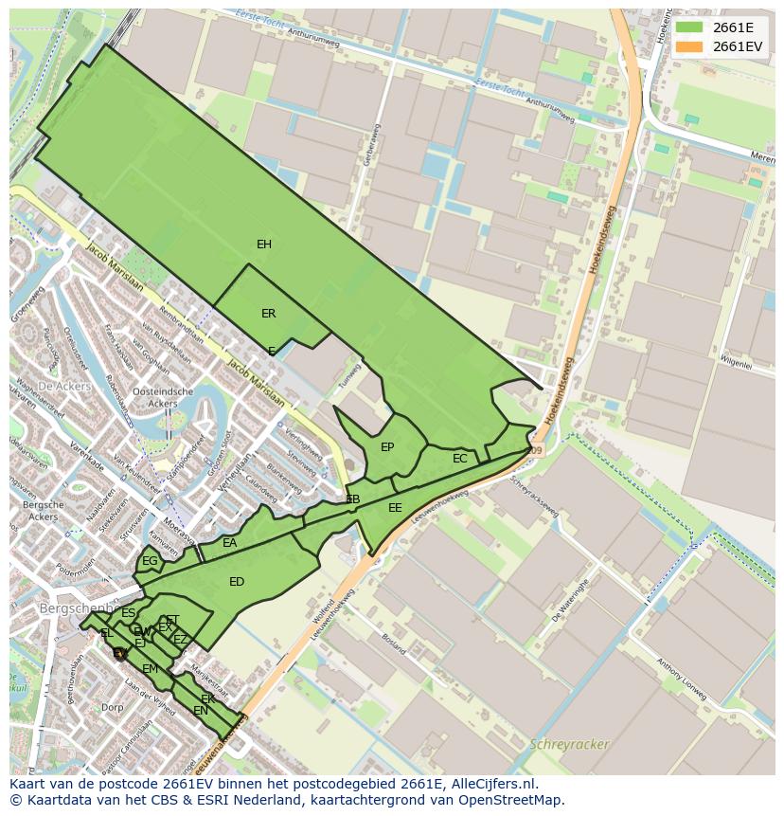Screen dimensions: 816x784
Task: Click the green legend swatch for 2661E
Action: pos(689,27)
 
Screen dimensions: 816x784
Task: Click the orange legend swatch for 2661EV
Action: pos(689,46)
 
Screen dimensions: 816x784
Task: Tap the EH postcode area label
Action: pos(264,245)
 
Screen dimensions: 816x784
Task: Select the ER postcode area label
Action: pos(269,314)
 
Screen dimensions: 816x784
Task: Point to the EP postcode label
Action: pos(387,447)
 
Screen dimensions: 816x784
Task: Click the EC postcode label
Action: pos(460,459)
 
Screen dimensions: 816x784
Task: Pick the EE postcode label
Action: pos(395,508)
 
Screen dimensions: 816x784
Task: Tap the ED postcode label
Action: pos(237,582)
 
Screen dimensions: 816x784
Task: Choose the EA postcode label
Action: pos(230,543)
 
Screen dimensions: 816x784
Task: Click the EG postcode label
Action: pos(150,561)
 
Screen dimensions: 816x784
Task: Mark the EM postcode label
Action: pos(150,669)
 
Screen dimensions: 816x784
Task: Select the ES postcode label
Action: pos(128,613)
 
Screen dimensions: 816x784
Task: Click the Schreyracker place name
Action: pos(570,744)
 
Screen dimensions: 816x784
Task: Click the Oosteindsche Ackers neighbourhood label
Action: pos(163,397)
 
